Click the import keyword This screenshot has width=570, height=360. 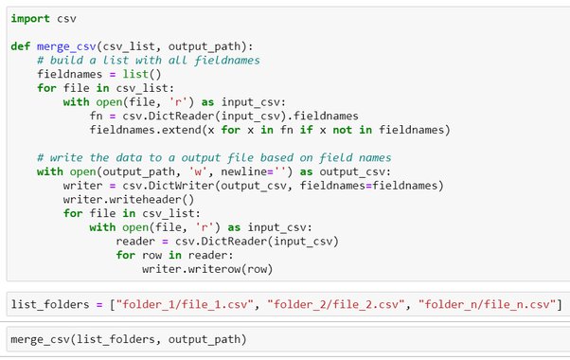click(30, 19)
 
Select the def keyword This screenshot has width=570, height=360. click(21, 46)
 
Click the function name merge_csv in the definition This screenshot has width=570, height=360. click(66, 47)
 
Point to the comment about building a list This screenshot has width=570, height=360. click(149, 61)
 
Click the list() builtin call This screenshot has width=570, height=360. click(142, 75)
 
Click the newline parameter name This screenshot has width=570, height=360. click(244, 171)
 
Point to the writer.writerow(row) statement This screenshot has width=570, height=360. click(207, 269)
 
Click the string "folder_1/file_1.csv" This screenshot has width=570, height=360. click(185, 304)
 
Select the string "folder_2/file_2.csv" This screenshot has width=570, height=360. click(335, 304)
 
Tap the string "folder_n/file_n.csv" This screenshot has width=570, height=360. click(487, 304)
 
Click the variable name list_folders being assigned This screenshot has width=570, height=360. click(50, 304)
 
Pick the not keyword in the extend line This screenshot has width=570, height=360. click(342, 130)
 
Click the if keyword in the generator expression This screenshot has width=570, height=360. click(306, 130)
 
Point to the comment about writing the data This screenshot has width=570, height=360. click(214, 158)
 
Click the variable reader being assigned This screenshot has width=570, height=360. click(135, 242)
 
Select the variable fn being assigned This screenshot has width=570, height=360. click(96, 117)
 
